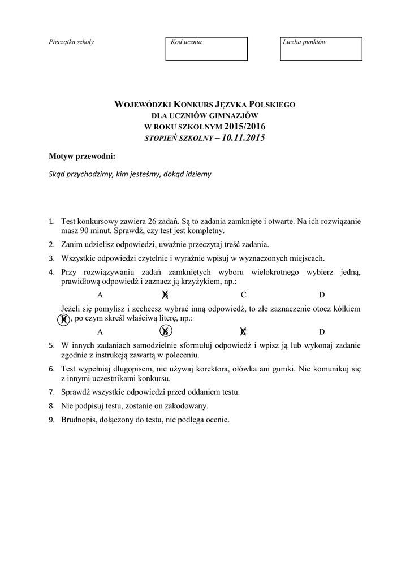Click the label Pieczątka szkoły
[71, 42]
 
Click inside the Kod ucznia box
[206, 49]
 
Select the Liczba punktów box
[321, 49]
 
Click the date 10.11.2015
[244, 138]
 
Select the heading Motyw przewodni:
[82, 155]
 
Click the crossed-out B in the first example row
[166, 295]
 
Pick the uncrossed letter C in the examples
[243, 295]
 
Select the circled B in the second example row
[166, 332]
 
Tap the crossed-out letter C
[243, 332]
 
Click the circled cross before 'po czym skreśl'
[64, 319]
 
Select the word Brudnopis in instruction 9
[79, 420]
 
